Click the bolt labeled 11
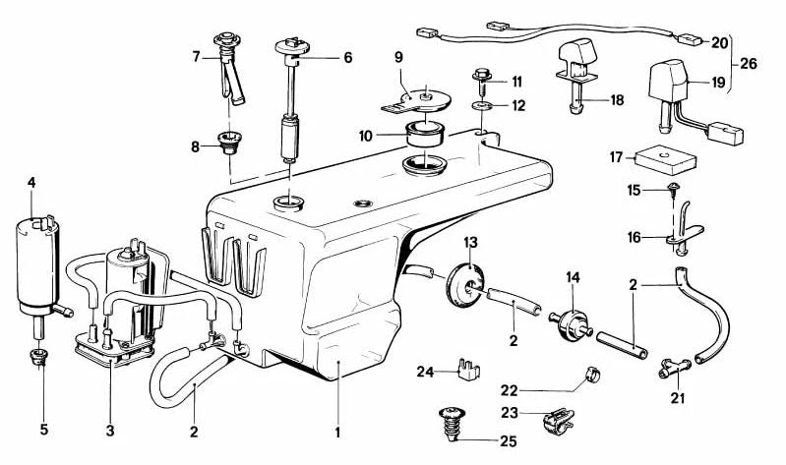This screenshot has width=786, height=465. point(484,75)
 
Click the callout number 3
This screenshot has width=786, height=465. point(110,431)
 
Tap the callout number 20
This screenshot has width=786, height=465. point(719,42)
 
